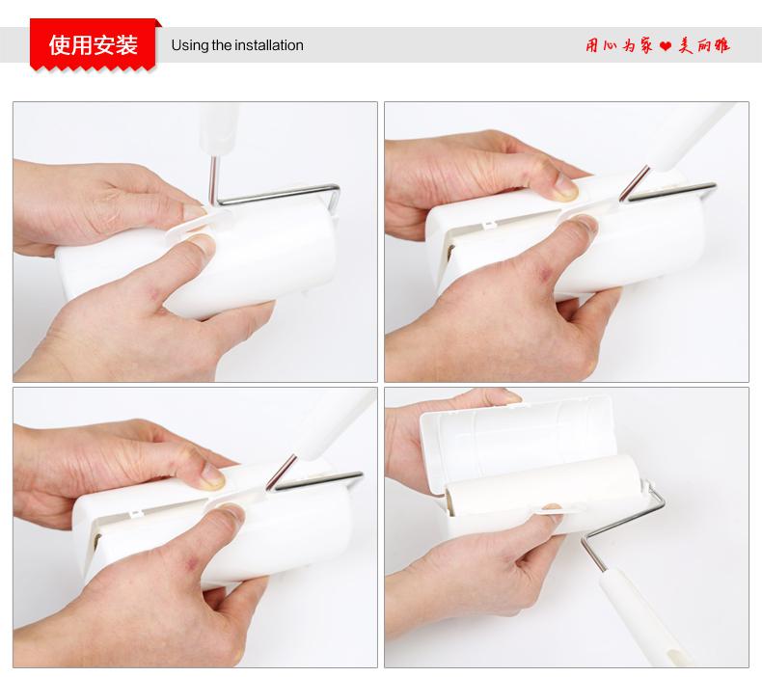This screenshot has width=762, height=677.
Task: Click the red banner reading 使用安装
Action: [x=94, y=44]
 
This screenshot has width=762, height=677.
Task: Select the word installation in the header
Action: [x=269, y=45]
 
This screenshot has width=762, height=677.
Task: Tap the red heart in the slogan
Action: [x=666, y=46]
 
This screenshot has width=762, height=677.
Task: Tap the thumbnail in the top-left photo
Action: [x=201, y=240]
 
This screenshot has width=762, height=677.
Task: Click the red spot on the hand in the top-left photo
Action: [x=155, y=293]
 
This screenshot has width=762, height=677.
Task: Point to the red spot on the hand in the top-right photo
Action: [x=545, y=276]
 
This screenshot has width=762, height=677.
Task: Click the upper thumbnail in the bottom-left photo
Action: [x=212, y=476]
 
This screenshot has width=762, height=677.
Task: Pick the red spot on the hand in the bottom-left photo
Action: [x=192, y=563]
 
